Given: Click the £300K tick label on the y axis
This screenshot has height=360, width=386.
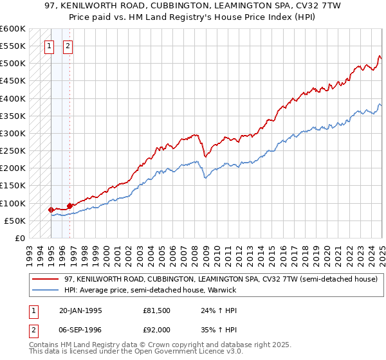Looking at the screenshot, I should click(12, 134).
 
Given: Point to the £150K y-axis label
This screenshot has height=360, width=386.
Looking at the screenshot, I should click(12, 186).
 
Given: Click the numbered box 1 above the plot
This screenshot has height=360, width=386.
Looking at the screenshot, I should click(49, 46).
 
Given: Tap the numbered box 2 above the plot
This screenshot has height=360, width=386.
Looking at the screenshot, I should click(68, 46).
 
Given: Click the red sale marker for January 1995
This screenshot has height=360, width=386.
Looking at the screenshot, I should click(51, 210).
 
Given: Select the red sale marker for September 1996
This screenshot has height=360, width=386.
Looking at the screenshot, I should click(69, 206).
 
